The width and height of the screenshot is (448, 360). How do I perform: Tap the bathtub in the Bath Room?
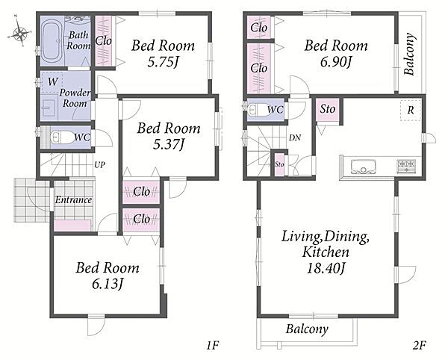(52, 40)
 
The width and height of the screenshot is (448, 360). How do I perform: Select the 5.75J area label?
(163, 61)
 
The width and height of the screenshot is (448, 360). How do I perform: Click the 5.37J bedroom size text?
(169, 144)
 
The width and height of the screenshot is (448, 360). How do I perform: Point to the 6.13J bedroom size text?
(108, 284)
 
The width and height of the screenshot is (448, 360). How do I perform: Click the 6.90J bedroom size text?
(335, 61)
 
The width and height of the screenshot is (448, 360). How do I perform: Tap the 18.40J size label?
(326, 268)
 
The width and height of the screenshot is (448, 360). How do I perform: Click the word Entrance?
(73, 199)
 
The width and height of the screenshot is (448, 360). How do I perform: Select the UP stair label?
(100, 165)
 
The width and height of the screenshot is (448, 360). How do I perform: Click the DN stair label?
(295, 138)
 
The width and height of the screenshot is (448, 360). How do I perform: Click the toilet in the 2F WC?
(259, 110)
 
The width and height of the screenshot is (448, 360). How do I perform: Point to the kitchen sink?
(364, 167)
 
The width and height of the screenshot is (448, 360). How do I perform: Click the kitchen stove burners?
(406, 166)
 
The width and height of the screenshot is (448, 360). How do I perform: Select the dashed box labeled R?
(410, 111)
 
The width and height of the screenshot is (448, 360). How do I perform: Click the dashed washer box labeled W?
(52, 82)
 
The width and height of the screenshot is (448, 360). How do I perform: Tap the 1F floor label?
(213, 345)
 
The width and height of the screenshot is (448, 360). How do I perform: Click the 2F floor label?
(420, 345)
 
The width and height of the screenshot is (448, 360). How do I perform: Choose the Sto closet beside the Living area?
(328, 110)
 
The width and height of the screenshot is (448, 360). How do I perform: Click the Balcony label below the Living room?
(307, 329)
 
